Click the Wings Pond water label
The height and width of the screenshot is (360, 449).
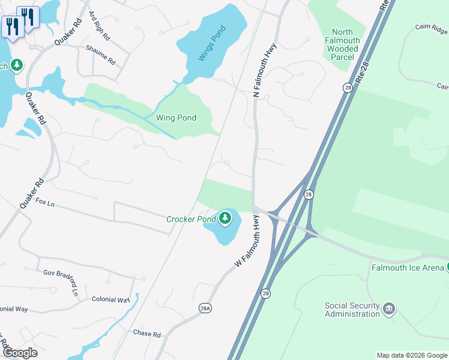point(212,43)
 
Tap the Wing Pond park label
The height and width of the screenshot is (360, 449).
point(176,118)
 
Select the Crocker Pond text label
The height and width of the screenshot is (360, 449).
point(190,219)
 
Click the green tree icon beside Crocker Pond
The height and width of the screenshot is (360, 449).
point(225,218)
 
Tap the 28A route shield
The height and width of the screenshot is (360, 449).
point(205,308)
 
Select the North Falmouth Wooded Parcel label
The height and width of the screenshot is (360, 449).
point(346,41)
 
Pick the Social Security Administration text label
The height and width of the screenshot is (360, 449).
point(352,310)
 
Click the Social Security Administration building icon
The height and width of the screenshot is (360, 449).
point(389,308)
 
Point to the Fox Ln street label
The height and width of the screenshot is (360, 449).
point(45,203)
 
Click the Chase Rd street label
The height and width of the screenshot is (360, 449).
point(147,334)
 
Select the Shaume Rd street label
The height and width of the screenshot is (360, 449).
point(100,55)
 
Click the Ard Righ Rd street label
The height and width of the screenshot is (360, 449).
point(99,25)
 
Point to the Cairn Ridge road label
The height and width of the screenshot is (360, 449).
point(431,29)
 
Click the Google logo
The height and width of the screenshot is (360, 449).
point(19,353)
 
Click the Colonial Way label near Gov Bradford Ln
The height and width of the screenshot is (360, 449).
point(111,299)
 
